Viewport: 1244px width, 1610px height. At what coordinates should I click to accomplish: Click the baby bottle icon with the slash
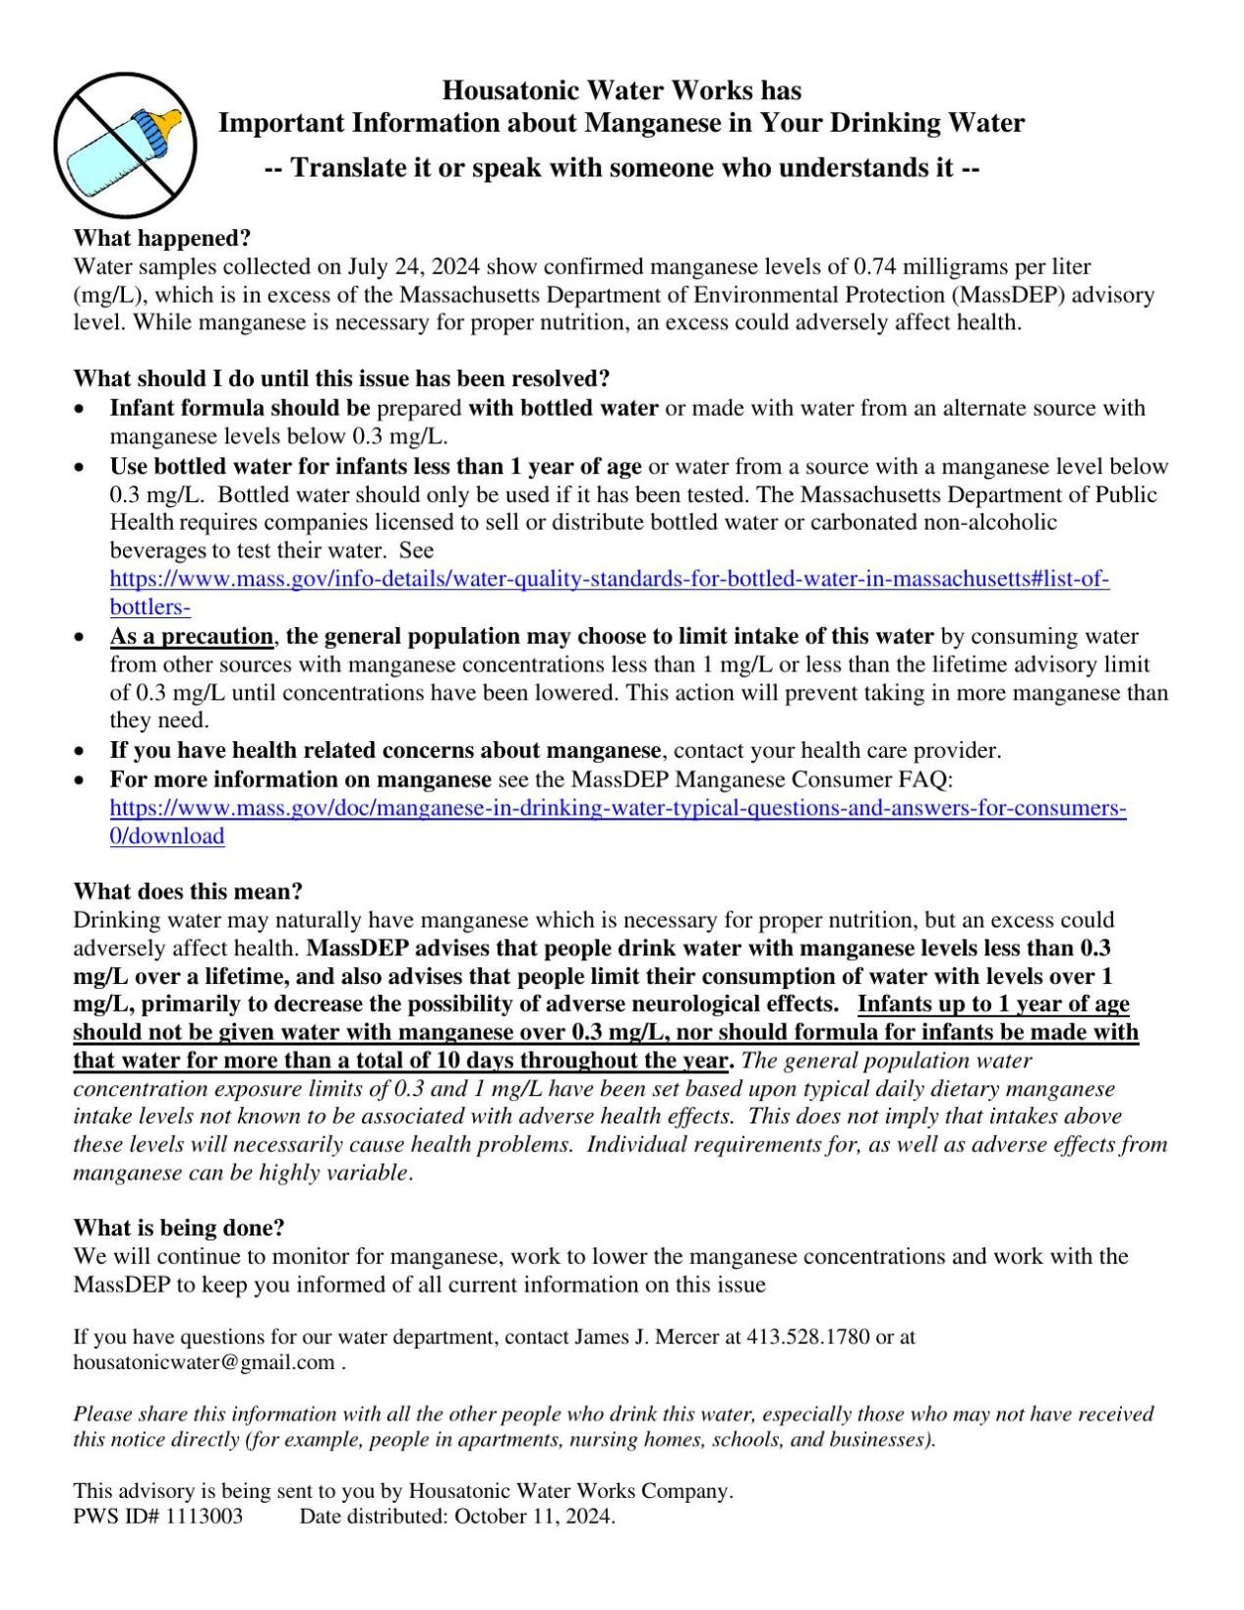pyautogui.click(x=125, y=144)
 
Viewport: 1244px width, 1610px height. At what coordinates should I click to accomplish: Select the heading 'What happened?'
pyautogui.click(x=162, y=239)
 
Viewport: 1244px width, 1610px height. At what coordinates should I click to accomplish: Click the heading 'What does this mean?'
pyautogui.click(x=188, y=891)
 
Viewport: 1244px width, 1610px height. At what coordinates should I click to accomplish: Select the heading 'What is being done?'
pyautogui.click(x=179, y=1228)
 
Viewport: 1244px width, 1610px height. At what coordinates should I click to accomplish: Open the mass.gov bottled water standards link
pyautogui.click(x=610, y=579)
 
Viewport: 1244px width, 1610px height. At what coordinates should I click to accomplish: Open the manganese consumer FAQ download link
pyautogui.click(x=618, y=809)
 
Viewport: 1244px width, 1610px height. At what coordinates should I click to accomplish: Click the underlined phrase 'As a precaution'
pyautogui.click(x=192, y=636)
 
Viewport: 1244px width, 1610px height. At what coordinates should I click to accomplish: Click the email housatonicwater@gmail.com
pyautogui.click(x=205, y=1362)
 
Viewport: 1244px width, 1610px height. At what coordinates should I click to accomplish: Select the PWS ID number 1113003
pyautogui.click(x=204, y=1516)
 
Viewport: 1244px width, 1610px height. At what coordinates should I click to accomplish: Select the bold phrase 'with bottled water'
pyautogui.click(x=563, y=408)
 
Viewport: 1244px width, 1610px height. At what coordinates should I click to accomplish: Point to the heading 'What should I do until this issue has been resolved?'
pyautogui.click(x=341, y=378)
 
